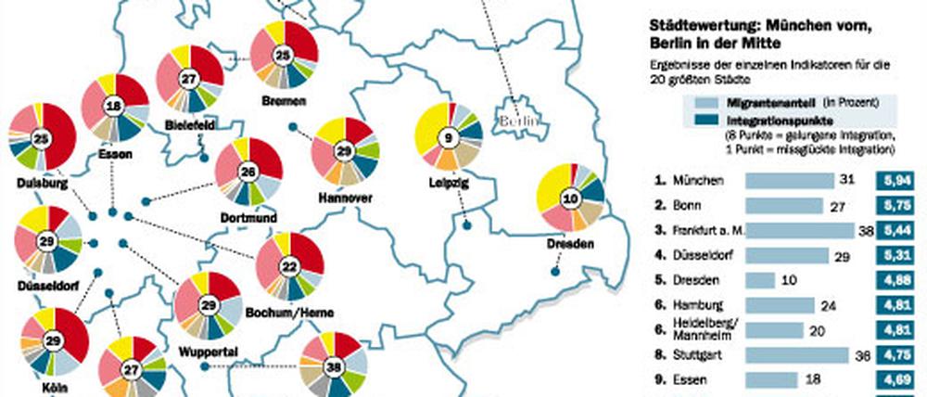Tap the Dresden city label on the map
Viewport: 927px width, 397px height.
570,246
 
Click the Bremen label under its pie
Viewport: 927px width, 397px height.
284,100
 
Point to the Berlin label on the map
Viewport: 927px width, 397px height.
518,122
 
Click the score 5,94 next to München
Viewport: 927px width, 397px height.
899,180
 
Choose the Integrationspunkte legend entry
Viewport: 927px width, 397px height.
750,121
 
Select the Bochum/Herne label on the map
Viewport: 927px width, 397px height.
288,314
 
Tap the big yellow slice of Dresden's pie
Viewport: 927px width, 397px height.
554,185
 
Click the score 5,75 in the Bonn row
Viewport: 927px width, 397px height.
899,203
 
